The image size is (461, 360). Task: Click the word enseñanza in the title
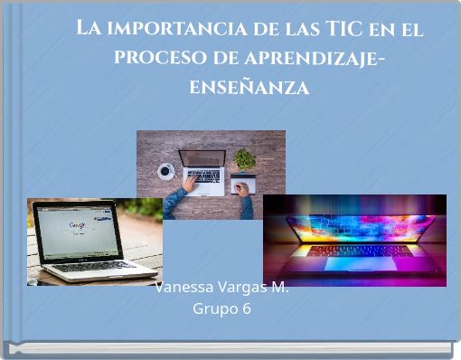(249, 88)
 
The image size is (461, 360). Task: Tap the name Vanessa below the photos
(183, 288)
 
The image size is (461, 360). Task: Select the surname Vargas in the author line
(241, 288)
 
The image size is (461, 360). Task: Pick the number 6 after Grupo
(246, 309)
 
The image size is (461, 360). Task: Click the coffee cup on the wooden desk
(166, 170)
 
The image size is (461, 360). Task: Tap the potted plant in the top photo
(244, 160)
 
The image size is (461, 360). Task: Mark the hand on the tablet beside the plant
(240, 189)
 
